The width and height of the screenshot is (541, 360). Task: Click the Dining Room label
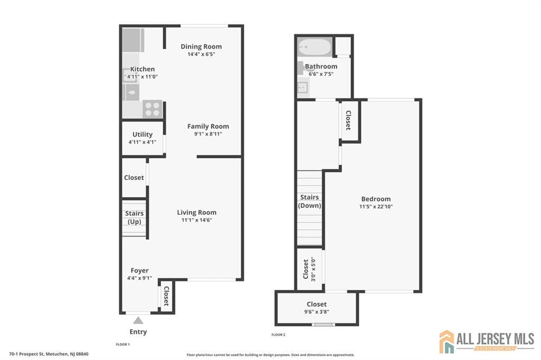pos(201,46)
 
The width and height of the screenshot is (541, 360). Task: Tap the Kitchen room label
pos(143,69)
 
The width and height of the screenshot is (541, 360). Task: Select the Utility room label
pos(143,135)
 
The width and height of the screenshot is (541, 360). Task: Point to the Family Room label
pos(208,126)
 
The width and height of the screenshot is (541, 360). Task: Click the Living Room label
pos(197,212)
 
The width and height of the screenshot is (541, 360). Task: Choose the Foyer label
pos(139,270)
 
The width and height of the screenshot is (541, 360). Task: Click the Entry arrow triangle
pos(138,320)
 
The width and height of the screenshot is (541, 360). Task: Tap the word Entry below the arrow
pos(138,332)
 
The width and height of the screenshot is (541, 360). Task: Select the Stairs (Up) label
pos(134,217)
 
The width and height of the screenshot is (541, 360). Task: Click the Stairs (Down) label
pos(310,201)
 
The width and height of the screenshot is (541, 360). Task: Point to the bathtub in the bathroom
pos(314,48)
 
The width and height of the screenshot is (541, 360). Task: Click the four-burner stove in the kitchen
pos(152,109)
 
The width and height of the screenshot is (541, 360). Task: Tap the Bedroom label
pos(376,199)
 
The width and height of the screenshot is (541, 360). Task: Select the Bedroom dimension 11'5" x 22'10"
pos(376,207)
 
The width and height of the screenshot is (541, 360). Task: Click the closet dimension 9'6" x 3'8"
pos(316,312)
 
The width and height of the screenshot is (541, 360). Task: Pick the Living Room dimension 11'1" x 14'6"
pos(197,220)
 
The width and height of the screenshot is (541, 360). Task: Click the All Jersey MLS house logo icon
pos(446,342)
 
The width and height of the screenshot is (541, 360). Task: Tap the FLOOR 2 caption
pos(278,335)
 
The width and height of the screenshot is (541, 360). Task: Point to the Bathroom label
pos(321,67)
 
